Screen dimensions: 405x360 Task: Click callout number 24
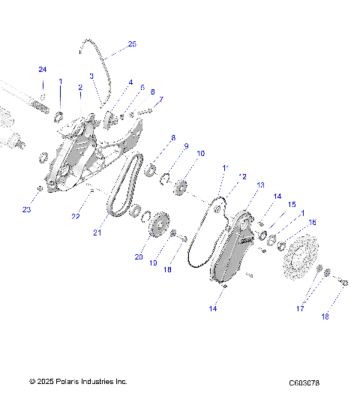[x=43, y=70]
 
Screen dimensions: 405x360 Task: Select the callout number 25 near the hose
[x=132, y=44]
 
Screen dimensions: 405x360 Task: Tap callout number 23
[x=26, y=209]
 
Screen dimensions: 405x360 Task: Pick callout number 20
[x=138, y=256]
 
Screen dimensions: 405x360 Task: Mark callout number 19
[x=154, y=263]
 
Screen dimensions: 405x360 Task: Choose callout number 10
[x=200, y=153]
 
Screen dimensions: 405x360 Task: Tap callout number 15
[x=292, y=204]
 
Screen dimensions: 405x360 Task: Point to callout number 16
[x=312, y=222]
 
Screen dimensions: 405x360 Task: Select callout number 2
[x=79, y=88]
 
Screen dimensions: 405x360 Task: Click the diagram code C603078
[x=304, y=383]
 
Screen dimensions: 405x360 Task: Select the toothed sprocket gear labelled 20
[x=158, y=225]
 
